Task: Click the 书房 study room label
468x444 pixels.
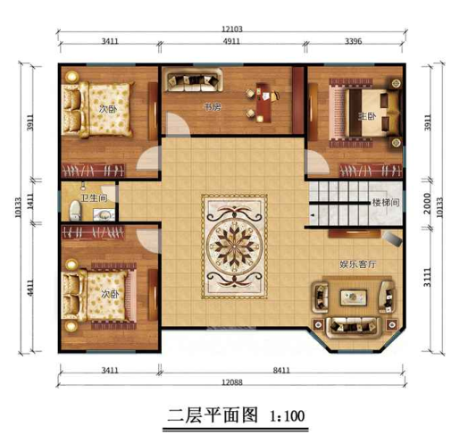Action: tap(213, 107)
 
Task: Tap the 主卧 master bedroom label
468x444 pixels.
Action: tap(367, 116)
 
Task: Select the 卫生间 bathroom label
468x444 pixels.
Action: tap(94, 198)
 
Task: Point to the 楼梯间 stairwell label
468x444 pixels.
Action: tap(386, 203)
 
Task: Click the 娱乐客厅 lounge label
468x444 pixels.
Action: tap(358, 264)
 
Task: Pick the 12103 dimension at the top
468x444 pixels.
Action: tap(232, 29)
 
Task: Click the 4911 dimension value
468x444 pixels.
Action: tap(231, 41)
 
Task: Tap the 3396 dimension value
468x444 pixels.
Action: tap(354, 41)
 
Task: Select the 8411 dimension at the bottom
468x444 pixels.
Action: tap(281, 370)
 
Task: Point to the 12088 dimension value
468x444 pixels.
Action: tap(232, 382)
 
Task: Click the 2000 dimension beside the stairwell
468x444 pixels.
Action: tap(428, 204)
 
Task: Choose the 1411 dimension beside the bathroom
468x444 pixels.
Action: tap(30, 201)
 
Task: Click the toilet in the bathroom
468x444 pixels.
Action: tap(75, 210)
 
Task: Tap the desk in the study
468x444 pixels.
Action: tap(263, 103)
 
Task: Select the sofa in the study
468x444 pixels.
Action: tap(195, 80)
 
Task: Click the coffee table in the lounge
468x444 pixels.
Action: tap(354, 297)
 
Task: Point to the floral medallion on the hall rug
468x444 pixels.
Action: tap(235, 246)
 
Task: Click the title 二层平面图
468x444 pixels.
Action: tap(213, 415)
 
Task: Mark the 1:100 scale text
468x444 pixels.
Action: tap(287, 416)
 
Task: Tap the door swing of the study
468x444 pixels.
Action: tap(179, 124)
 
